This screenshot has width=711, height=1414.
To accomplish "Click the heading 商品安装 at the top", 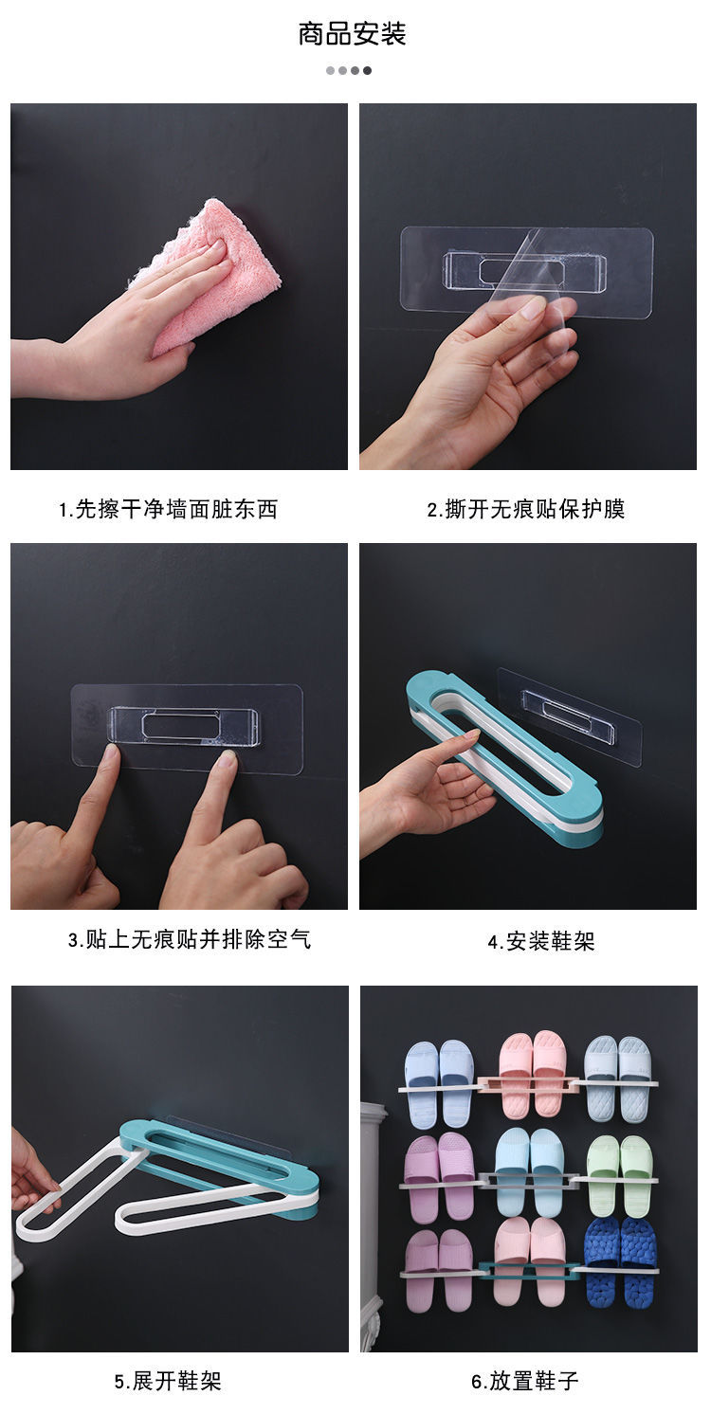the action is (352, 34).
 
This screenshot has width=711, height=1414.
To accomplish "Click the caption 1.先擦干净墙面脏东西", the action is (169, 509).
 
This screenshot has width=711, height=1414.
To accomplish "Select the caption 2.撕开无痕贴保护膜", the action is (526, 509).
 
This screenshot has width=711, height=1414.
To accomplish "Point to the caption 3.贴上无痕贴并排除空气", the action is (190, 939).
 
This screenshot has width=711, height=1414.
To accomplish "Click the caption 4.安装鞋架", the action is (541, 941).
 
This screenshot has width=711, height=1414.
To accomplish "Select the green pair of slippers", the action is (620, 1175).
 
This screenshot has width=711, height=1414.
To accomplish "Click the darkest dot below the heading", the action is (368, 71).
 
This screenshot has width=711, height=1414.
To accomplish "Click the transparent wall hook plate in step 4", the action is (570, 716).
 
